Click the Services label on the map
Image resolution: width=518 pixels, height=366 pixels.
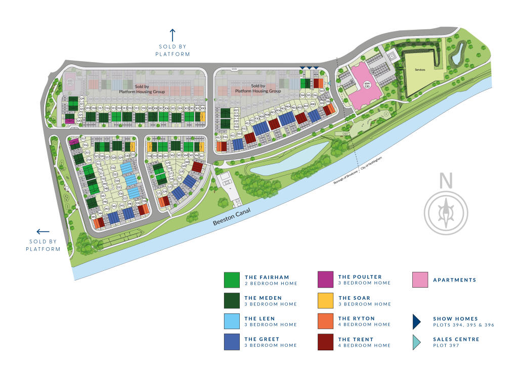coord(420,69)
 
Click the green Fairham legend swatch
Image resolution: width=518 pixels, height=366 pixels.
coord(232,280)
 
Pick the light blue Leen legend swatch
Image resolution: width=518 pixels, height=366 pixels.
coord(232,322)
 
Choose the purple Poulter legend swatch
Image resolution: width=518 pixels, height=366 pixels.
coord(325,280)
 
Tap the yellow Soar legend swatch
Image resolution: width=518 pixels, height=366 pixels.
coord(325,301)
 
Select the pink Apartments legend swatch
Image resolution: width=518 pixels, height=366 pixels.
coord(420,280)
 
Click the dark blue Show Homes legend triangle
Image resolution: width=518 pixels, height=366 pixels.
coord(417,322)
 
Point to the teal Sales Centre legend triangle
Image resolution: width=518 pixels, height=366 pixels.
coord(417,342)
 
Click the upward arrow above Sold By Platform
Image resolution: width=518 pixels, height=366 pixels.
coord(172,35)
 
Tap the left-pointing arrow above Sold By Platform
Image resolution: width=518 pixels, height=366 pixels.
coord(43,232)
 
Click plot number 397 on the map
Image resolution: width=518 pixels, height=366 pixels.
coord(322,91)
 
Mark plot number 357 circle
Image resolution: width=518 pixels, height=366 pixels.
coord(83,139)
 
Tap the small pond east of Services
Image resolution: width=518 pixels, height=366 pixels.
coord(458,53)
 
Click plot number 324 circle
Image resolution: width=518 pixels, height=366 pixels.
coord(81,99)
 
